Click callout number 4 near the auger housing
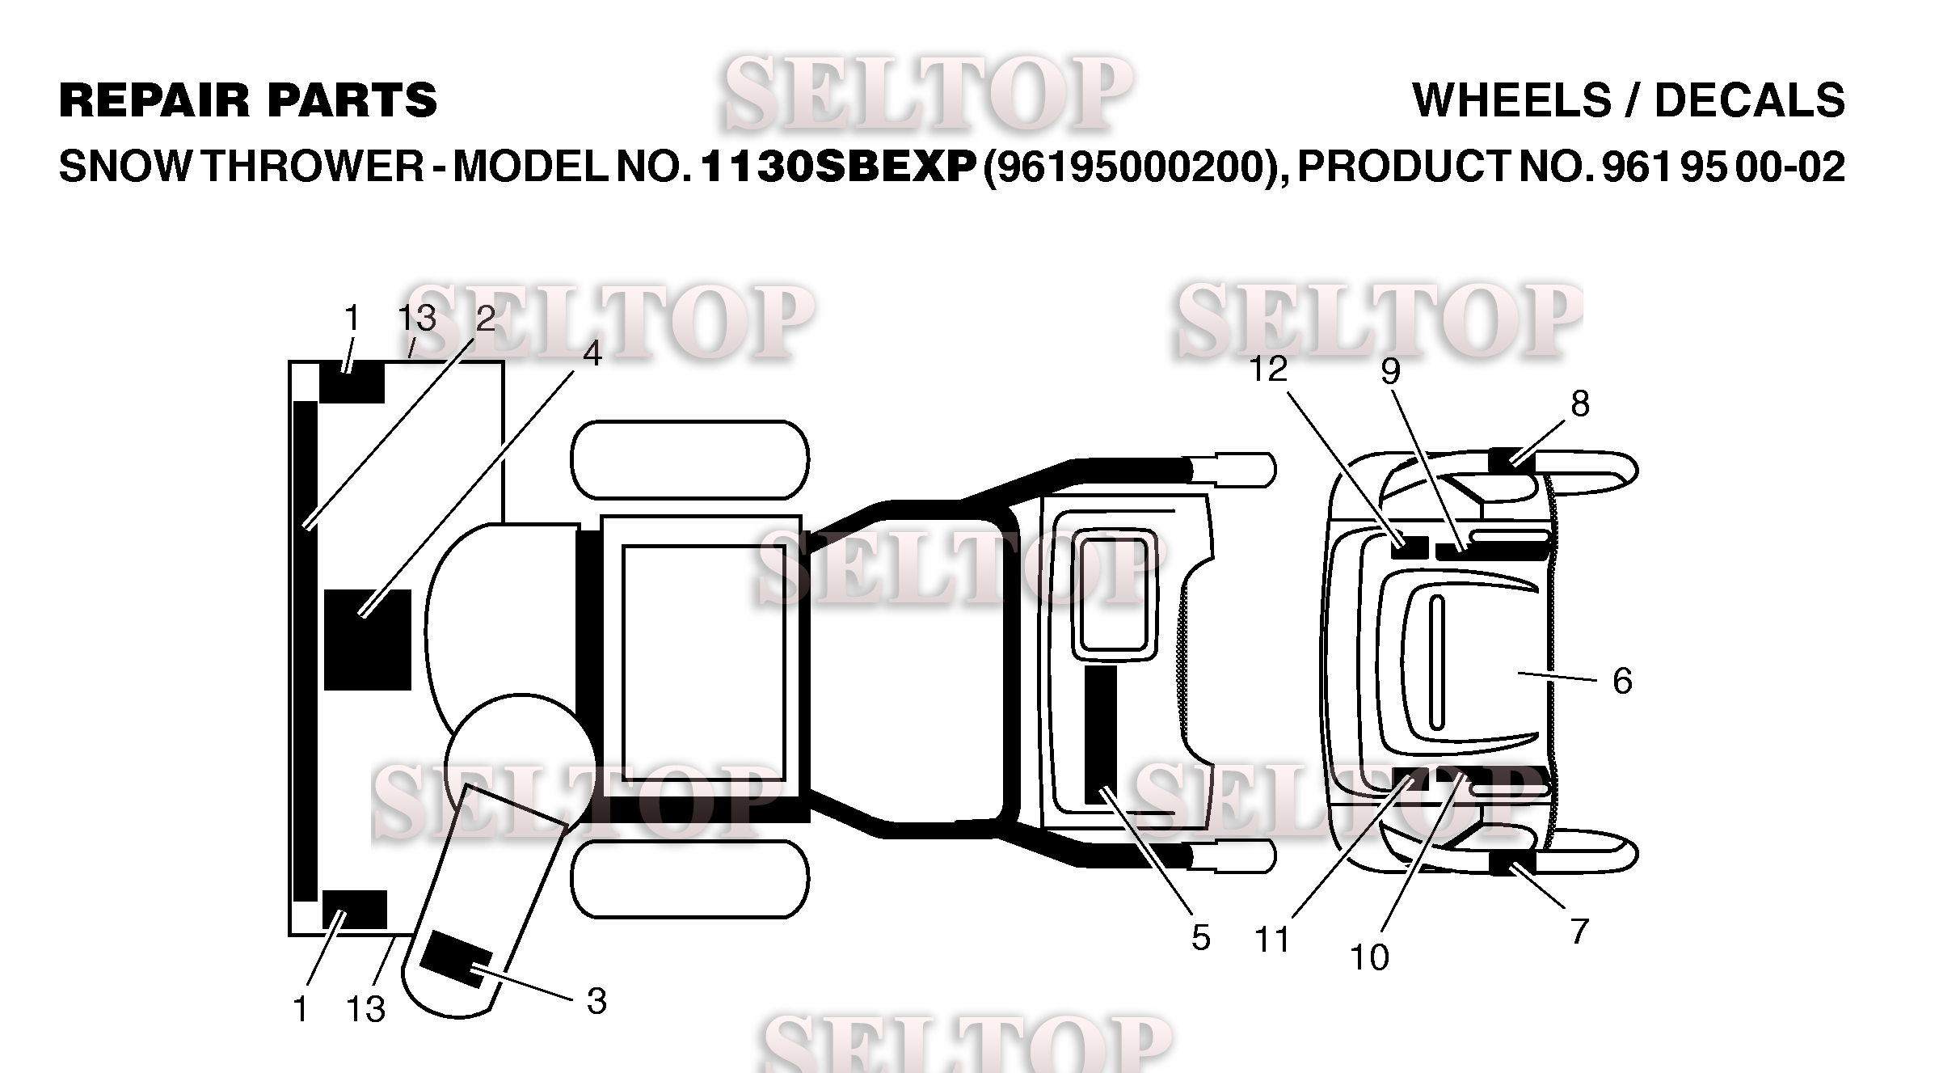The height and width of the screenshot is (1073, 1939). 592,354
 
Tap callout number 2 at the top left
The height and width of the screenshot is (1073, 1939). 485,319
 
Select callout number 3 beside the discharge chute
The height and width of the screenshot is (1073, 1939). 596,1002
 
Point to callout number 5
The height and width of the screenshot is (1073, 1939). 1201,938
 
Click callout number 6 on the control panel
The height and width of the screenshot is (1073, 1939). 1622,681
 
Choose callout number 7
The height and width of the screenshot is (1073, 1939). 1579,931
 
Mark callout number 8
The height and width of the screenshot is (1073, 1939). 1580,403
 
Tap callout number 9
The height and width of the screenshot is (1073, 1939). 1390,371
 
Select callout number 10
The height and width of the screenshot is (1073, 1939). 1370,957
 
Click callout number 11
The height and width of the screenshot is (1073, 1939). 1272,940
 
